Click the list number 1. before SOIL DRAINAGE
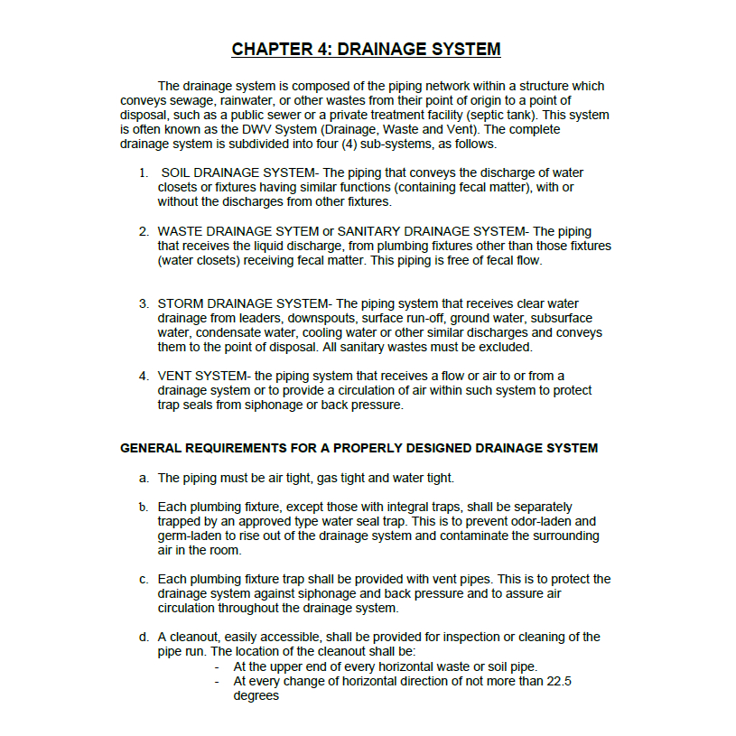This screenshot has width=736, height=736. point(144,172)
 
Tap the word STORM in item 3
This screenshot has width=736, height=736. point(181,303)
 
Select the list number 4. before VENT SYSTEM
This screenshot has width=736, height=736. point(144,376)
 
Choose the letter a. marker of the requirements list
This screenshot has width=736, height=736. point(144,478)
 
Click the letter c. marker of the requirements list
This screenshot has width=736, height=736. point(144,579)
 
